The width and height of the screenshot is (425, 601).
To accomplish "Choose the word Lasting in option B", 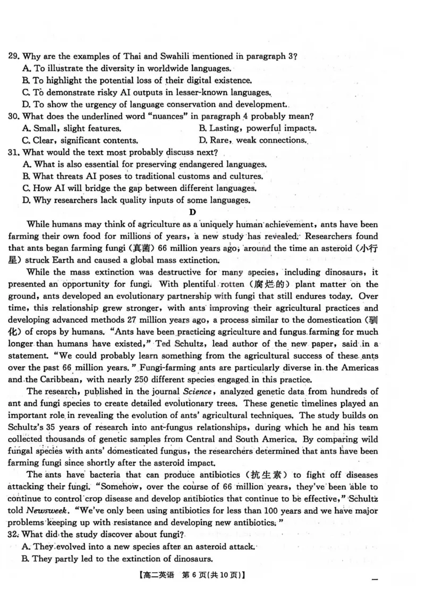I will pos(223,128).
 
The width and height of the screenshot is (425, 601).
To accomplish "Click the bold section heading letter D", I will pos(193,212).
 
